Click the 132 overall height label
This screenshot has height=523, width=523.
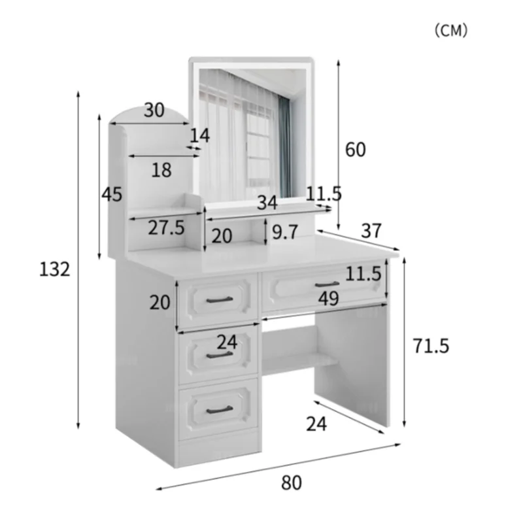55,269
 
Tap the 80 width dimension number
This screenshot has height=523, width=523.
291,482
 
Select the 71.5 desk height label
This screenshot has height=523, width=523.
431,346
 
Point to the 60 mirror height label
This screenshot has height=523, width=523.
355,149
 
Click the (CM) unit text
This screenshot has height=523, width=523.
451,30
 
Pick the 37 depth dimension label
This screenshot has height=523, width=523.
371,231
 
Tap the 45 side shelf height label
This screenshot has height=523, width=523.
112,194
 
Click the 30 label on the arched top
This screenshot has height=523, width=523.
154,110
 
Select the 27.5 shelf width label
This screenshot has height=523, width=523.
166,228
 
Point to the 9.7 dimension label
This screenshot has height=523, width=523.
285,232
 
